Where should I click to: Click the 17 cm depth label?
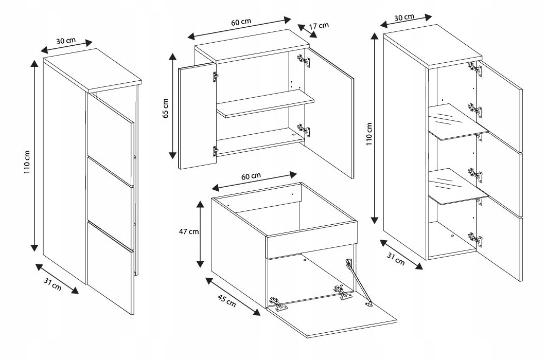[x=320, y=26]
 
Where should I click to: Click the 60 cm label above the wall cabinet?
[x=241, y=22]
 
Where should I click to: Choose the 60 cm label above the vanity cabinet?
[x=251, y=176]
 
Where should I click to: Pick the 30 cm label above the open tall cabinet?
[x=404, y=17]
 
